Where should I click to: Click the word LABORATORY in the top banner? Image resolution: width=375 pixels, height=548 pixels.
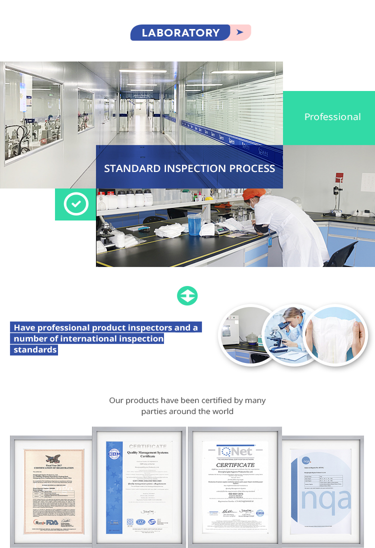coord(180,33)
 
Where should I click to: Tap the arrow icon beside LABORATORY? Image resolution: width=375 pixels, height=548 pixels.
coord(240,32)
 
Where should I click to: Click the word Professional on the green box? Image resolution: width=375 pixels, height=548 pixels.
coord(332,117)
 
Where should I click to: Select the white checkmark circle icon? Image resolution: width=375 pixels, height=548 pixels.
coord(75,204)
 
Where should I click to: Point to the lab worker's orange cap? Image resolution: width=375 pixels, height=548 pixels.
coord(251,194)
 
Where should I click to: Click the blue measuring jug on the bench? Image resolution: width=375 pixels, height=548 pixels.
coord(194,223)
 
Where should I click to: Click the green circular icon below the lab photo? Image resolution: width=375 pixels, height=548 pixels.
coord(187,296)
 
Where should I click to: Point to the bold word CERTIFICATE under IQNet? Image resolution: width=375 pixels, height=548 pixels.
coord(235,465)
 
